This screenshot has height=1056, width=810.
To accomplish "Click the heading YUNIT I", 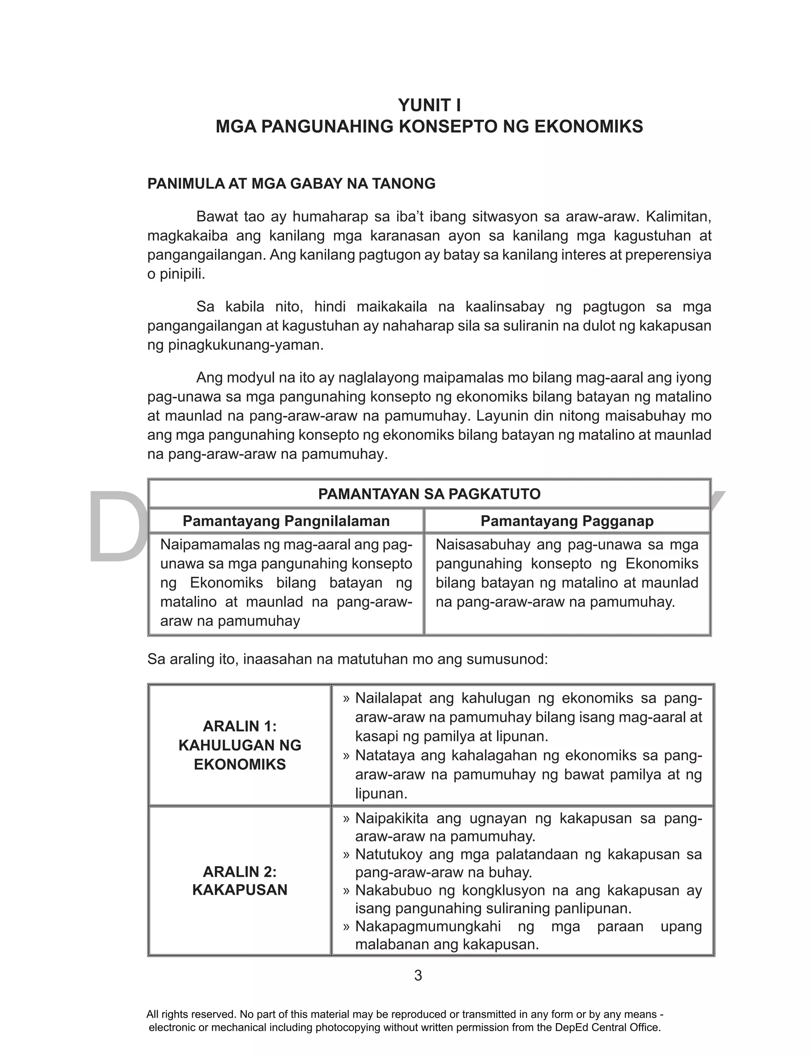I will [429, 105].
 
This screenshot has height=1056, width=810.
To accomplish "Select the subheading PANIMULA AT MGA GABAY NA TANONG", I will [291, 184].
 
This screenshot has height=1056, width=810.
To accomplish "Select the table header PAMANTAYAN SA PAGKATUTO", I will [429, 494].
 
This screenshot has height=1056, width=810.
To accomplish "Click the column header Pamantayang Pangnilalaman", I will [286, 521].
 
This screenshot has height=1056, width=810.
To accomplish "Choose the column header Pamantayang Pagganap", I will [567, 521].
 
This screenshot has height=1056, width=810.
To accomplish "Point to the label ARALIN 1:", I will [240, 726].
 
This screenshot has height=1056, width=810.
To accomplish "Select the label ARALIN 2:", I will [240, 872].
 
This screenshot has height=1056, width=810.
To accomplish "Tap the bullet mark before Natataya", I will [346, 756].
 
